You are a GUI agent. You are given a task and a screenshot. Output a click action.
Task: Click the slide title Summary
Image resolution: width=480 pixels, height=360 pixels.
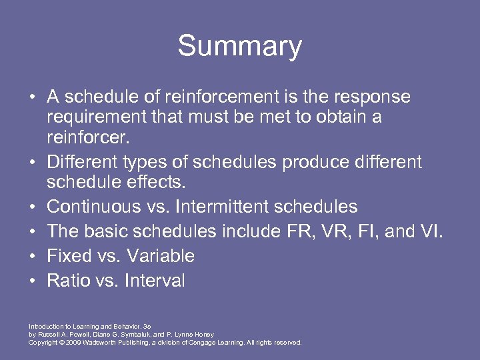(239, 47)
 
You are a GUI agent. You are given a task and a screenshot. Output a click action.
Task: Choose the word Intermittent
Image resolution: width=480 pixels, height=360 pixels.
(214, 207)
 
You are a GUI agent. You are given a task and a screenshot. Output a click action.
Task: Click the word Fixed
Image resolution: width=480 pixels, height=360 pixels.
(69, 256)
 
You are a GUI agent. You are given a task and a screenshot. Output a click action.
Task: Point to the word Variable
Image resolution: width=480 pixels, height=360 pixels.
(161, 256)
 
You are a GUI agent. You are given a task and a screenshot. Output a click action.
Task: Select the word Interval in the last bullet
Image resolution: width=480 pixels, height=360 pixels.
(153, 281)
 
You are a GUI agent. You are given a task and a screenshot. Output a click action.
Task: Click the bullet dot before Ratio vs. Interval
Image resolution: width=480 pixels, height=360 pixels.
(33, 281)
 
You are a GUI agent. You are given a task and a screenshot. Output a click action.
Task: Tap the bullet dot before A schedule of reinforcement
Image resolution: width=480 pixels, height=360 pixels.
(33, 97)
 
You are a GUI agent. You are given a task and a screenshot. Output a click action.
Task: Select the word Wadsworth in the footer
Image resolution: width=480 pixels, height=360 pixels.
(103, 343)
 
